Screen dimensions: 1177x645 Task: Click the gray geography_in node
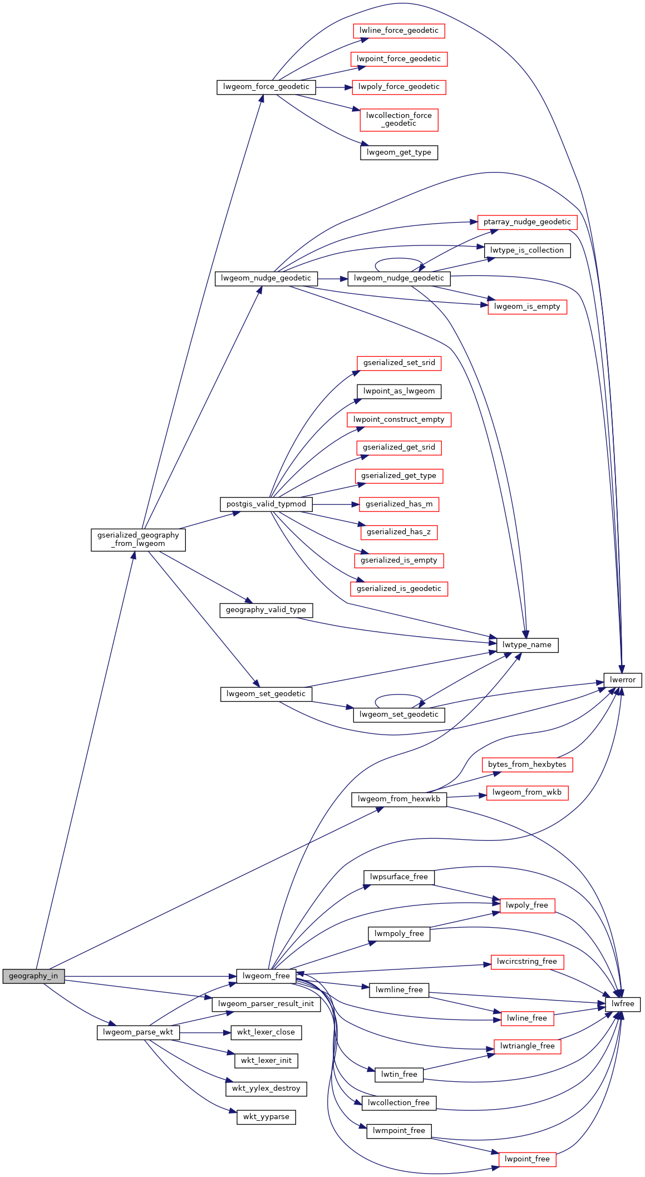point(33,976)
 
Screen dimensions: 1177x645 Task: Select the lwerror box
point(623,679)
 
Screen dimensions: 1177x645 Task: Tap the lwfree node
point(623,1004)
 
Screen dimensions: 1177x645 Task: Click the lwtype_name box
point(526,645)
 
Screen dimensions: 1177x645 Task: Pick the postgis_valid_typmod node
point(266,504)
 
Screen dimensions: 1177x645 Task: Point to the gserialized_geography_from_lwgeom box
point(138,539)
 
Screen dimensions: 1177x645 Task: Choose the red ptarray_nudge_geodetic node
point(527,222)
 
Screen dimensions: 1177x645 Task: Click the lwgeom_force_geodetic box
point(266,87)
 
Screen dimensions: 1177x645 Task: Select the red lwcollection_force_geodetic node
point(399,120)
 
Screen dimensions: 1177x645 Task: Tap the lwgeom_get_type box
point(399,152)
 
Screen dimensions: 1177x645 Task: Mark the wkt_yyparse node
point(266,1117)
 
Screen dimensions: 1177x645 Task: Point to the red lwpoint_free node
point(527,1159)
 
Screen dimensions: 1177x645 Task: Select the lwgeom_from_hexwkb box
point(399,799)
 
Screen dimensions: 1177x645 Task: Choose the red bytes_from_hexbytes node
point(527,765)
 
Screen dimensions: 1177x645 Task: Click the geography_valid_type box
point(266,610)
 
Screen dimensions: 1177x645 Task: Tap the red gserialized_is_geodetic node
point(399,589)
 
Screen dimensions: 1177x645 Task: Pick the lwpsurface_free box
point(399,877)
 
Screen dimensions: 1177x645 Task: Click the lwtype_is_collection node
point(527,250)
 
